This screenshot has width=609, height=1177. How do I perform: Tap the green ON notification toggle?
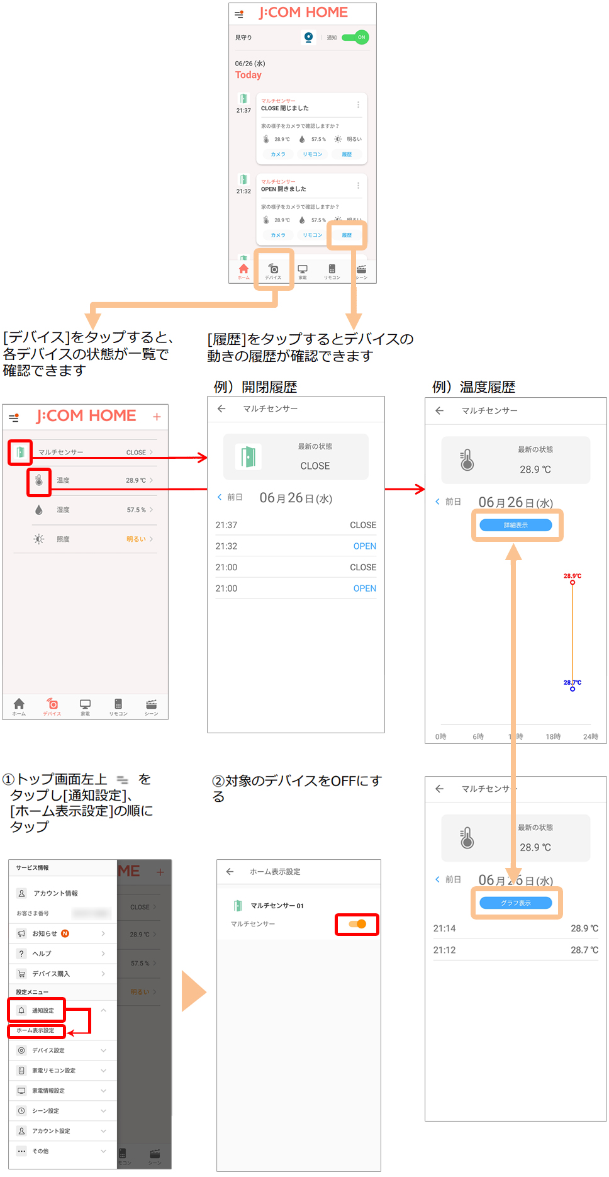click(355, 37)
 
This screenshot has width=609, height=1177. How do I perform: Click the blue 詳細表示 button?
click(515, 525)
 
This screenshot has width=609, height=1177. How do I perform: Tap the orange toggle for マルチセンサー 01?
click(357, 924)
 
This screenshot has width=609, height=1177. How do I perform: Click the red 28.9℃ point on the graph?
click(573, 582)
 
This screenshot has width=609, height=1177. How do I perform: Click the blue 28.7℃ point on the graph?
click(573, 689)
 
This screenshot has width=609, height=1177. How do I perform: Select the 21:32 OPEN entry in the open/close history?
click(296, 546)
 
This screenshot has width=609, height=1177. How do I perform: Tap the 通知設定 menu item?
click(43, 1010)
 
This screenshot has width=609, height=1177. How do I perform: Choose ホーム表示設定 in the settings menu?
click(35, 1030)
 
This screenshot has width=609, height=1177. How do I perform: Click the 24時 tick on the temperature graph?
click(590, 736)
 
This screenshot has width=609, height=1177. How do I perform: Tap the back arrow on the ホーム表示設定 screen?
click(230, 872)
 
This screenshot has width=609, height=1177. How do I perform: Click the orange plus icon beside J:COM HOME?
click(157, 417)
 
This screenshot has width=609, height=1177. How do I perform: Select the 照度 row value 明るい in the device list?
click(136, 539)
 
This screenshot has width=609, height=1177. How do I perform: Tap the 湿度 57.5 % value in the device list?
click(136, 510)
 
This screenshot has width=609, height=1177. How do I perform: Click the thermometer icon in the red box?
click(39, 481)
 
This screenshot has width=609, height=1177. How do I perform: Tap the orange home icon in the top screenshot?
click(243, 270)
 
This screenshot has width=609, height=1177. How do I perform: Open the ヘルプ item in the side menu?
click(42, 954)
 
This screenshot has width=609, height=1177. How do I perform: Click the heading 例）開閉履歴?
click(255, 386)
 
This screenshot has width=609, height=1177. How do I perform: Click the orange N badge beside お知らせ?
click(65, 933)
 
